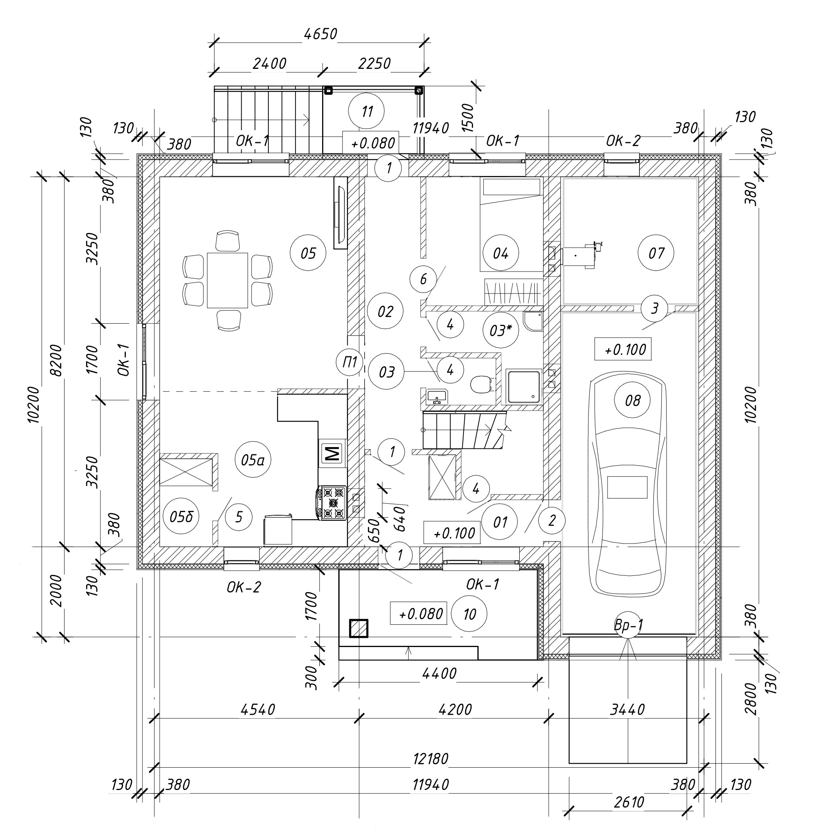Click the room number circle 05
pos(308,253)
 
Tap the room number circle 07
pos(656,253)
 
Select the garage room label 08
pos(632,401)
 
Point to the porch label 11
pos(366,111)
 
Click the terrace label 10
pos(469,614)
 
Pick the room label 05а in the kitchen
pos(253,460)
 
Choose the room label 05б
pos(182,516)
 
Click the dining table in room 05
pos(227,280)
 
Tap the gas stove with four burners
pos(332,502)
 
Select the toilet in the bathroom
pos(482,384)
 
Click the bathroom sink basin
pos(437,395)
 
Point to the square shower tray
pos(523,387)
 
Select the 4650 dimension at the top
pos(320,33)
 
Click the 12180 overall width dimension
pos(430,759)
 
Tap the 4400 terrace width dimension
pos(439,673)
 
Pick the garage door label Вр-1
pos(628,625)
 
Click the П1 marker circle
pos(350,362)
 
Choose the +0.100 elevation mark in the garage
pos(625,350)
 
